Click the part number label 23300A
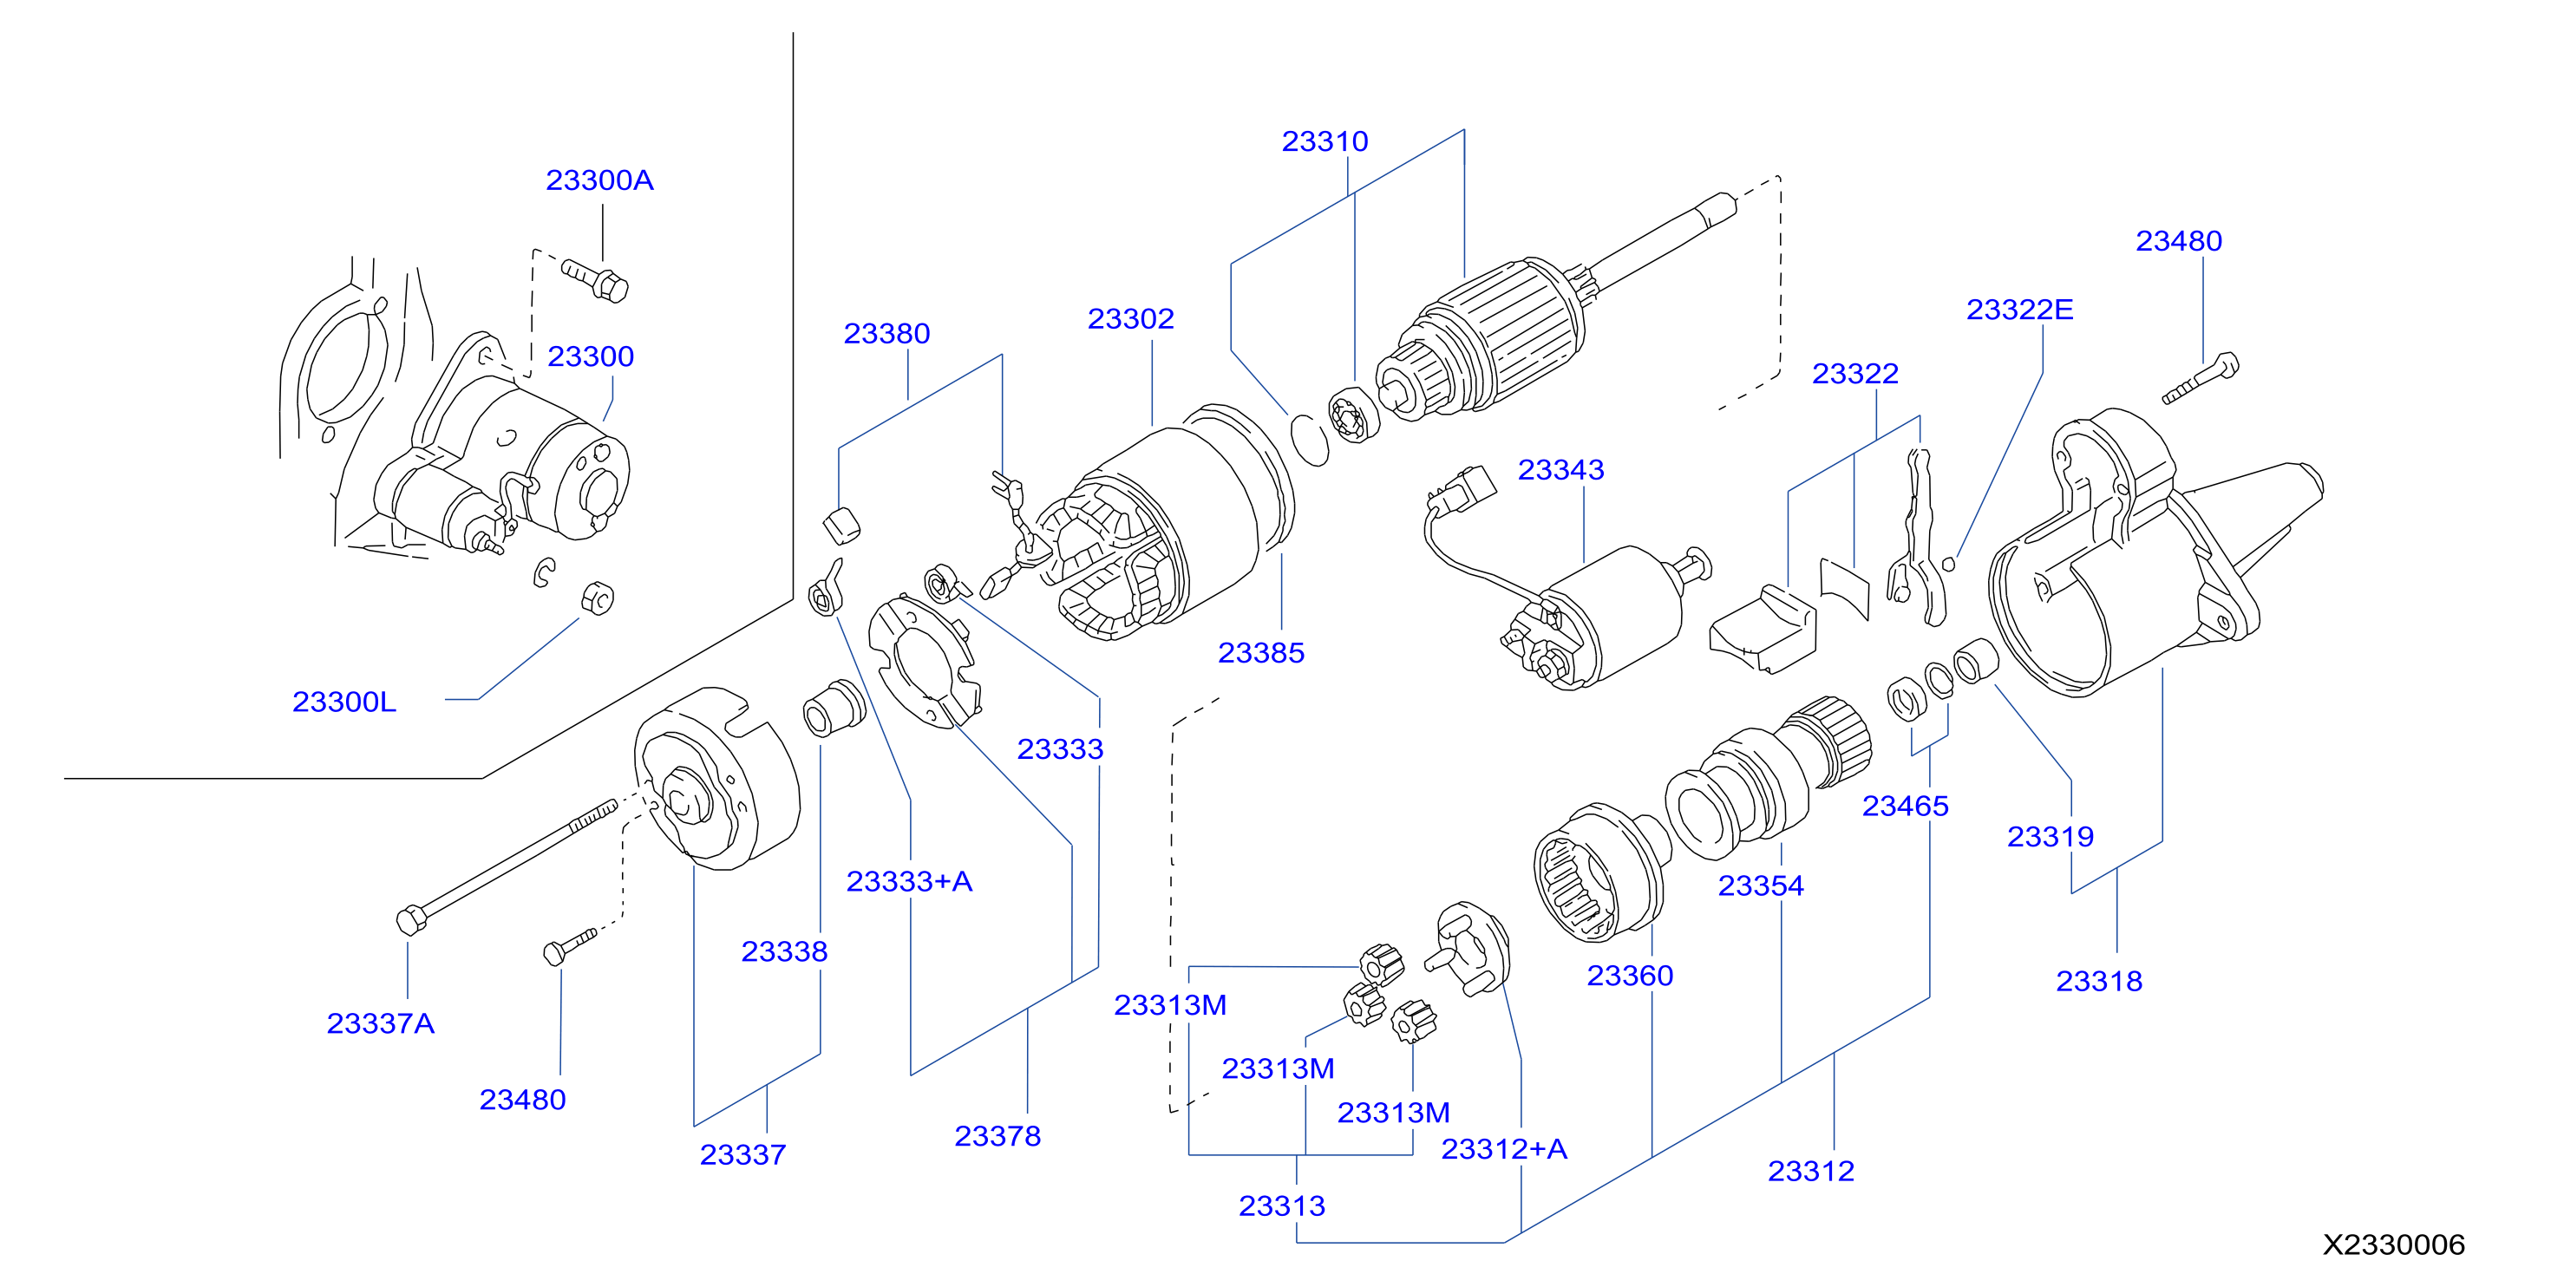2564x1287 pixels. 599,180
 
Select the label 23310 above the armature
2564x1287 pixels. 1325,141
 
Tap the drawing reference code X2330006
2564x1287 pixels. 2394,1245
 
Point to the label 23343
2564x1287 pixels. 1560,470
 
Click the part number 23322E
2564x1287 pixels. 2019,310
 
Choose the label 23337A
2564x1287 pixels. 380,1023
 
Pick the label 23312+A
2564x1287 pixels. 1504,1148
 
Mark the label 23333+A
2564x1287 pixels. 909,881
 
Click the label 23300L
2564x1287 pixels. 344,702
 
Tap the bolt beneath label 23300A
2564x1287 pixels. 595,281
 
